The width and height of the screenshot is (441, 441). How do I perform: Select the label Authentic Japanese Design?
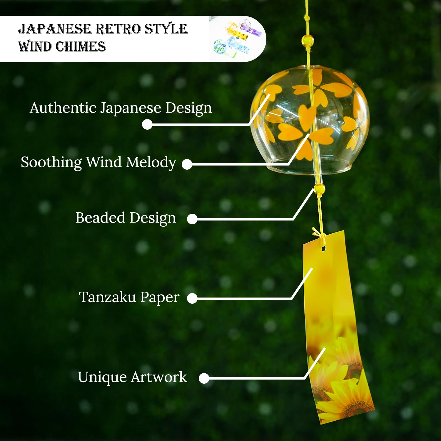(121, 108)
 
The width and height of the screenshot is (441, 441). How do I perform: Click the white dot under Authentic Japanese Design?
(147, 124)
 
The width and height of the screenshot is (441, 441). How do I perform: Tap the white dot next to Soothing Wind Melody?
(187, 164)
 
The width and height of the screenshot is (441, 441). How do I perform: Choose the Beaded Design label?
(126, 218)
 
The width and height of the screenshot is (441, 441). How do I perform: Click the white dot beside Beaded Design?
(192, 219)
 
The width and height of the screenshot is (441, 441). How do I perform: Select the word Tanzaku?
(107, 297)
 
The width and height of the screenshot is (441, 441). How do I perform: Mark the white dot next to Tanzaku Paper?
(192, 298)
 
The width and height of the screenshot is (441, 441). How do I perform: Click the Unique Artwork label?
(132, 377)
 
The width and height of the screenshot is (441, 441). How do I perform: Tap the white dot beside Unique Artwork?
(204, 378)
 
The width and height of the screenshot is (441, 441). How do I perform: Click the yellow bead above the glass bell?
(308, 40)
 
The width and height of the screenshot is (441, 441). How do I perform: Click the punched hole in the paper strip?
(323, 249)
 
